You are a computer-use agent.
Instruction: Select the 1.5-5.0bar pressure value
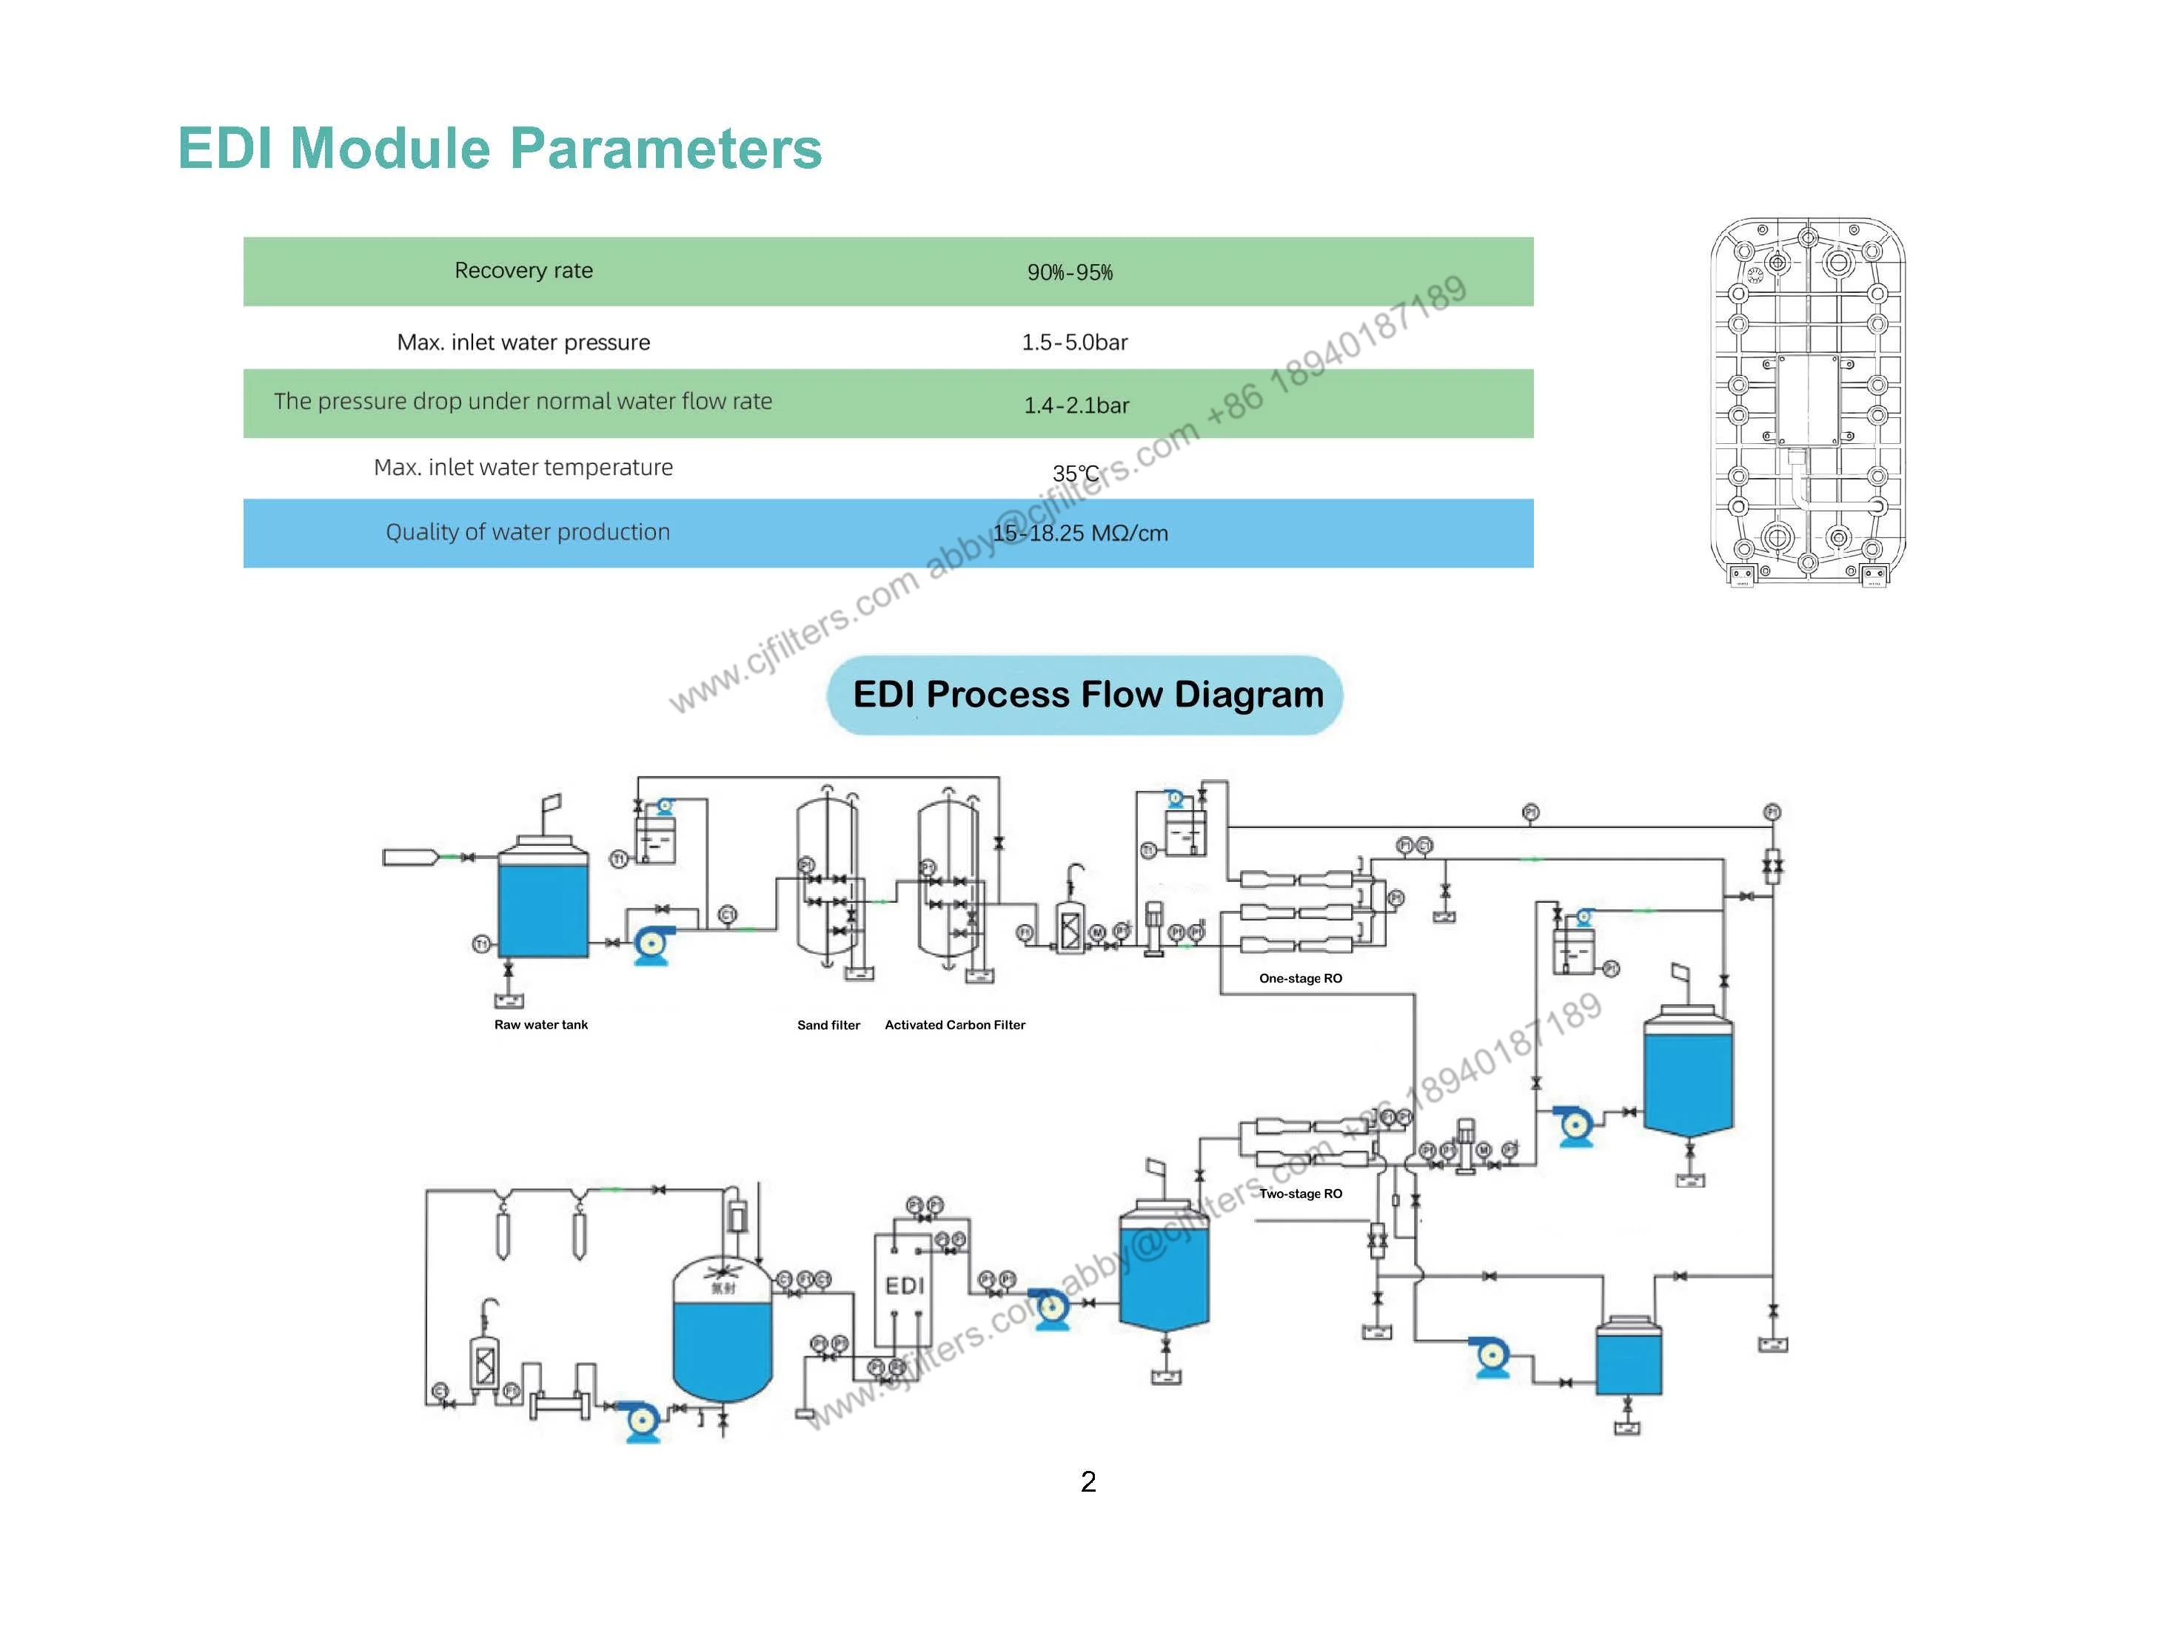pyautogui.click(x=1074, y=343)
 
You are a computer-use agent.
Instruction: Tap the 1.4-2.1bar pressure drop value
pyautogui.click(x=1076, y=405)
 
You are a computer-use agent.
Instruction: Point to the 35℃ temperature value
pyautogui.click(x=1074, y=474)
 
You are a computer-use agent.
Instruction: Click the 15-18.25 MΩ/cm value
pyautogui.click(x=1080, y=533)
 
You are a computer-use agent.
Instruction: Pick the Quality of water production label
pyautogui.click(x=527, y=533)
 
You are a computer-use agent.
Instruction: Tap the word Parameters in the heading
pyautogui.click(x=666, y=149)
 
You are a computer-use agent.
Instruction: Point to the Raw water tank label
pyautogui.click(x=540, y=1025)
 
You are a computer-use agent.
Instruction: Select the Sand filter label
pyautogui.click(x=828, y=1025)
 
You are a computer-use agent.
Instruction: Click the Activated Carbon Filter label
pyautogui.click(x=954, y=1025)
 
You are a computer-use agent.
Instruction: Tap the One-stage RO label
pyautogui.click(x=1300, y=978)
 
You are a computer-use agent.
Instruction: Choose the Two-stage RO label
pyautogui.click(x=1300, y=1194)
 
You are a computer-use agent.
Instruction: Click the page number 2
pyautogui.click(x=1088, y=1482)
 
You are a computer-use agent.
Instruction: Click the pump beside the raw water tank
pyautogui.click(x=651, y=944)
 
